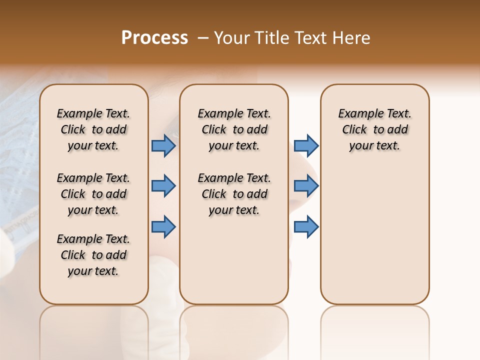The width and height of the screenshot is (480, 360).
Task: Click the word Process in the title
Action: click(154, 38)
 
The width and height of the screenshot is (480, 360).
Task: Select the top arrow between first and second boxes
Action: click(163, 146)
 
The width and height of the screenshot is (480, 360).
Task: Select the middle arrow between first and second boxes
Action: click(163, 186)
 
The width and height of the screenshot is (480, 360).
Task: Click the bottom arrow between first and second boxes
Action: click(163, 226)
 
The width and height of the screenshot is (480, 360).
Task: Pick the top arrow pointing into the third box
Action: click(306, 146)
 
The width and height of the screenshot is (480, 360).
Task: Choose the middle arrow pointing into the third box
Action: click(306, 186)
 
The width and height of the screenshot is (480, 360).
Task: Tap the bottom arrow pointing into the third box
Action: click(306, 226)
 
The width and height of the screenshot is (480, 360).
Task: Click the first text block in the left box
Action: click(93, 129)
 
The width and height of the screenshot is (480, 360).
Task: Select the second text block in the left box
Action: click(93, 194)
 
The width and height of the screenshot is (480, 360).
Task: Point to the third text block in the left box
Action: click(93, 255)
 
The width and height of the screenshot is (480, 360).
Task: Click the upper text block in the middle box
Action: click(234, 129)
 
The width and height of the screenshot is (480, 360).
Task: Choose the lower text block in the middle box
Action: click(234, 194)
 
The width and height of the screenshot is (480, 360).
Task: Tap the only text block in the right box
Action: click(374, 129)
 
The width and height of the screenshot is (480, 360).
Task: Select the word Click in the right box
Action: click(354, 130)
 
